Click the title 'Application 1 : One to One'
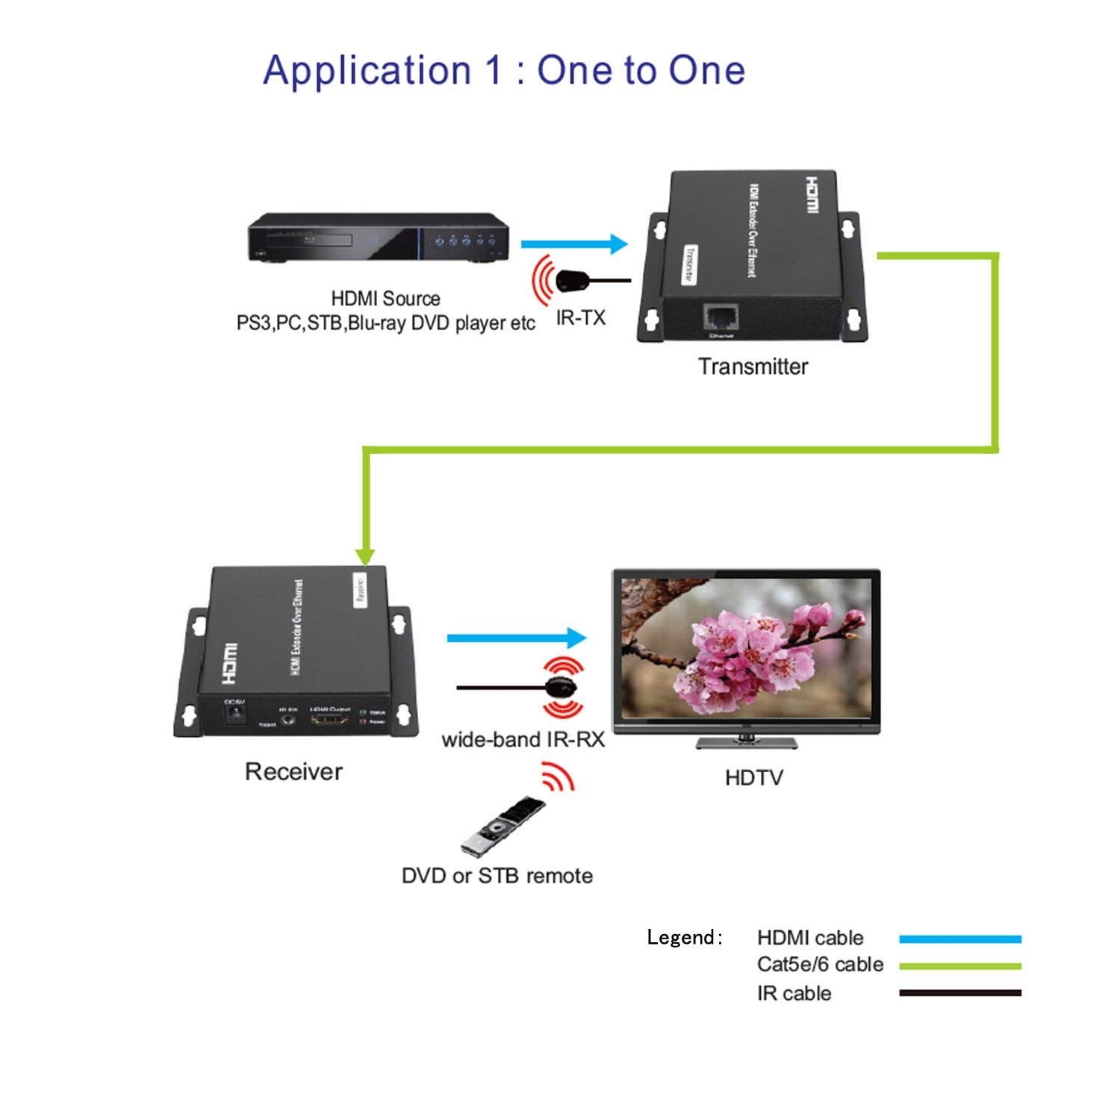pyautogui.click(x=504, y=71)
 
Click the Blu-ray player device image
pyautogui.click(x=378, y=237)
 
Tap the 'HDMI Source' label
pyautogui.click(x=385, y=299)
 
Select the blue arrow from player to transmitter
pyautogui.click(x=573, y=244)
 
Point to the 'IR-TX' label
pyautogui.click(x=580, y=318)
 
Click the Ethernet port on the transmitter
pyautogui.click(x=721, y=317)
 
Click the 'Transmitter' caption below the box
pyautogui.click(x=753, y=367)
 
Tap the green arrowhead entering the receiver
pyautogui.click(x=365, y=556)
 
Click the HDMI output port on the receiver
pyautogui.click(x=329, y=720)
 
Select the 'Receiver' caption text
pyautogui.click(x=293, y=771)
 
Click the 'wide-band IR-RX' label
pyautogui.click(x=523, y=740)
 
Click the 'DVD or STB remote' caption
pyautogui.click(x=497, y=876)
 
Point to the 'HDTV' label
pyautogui.click(x=753, y=778)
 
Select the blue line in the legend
pyautogui.click(x=960, y=939)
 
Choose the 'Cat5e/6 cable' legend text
pyautogui.click(x=820, y=965)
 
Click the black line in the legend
pyautogui.click(x=960, y=993)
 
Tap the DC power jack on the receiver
pyautogui.click(x=236, y=714)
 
